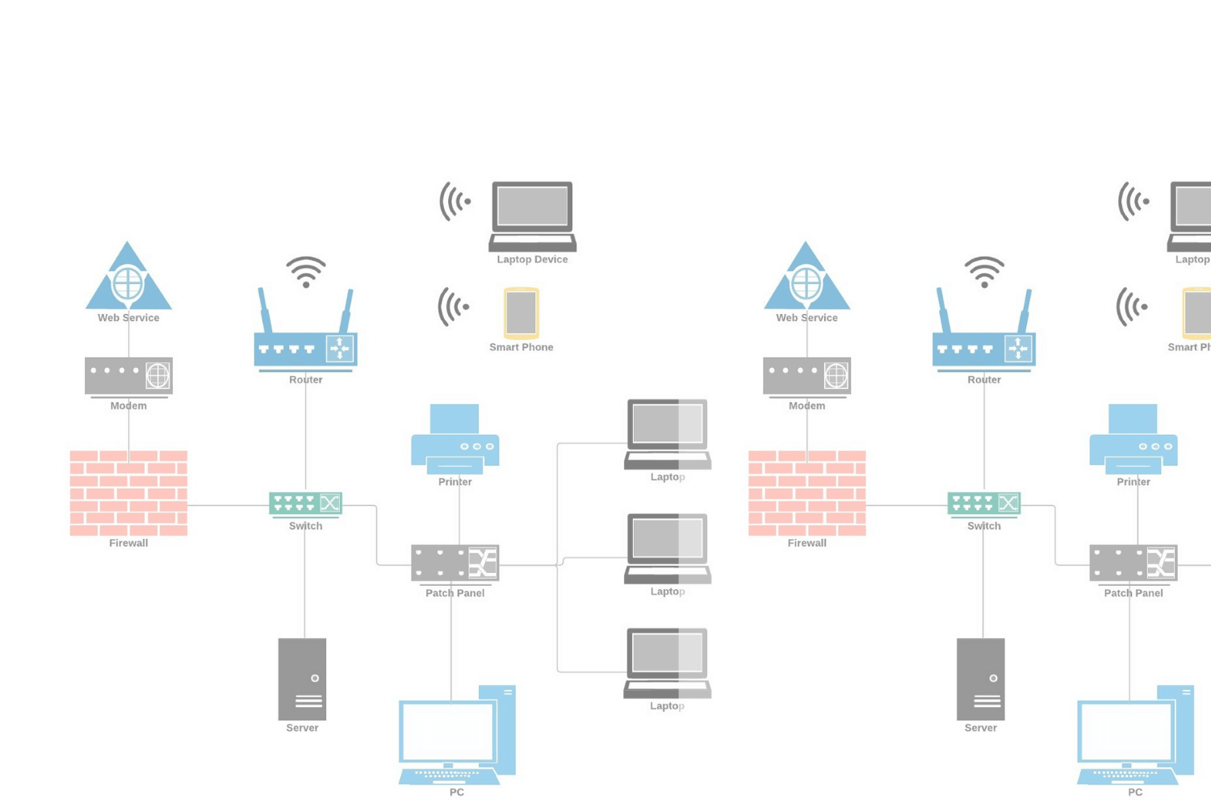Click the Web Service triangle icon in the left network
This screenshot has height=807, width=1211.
[x=128, y=279]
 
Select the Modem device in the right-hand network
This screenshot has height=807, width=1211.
[x=807, y=375]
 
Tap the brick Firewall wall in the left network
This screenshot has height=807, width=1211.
[x=128, y=493]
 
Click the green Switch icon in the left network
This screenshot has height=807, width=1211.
[x=305, y=504]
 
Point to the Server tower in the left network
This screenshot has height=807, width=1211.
[x=302, y=679]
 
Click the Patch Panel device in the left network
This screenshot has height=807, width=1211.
[x=455, y=562]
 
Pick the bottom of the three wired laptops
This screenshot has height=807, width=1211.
[x=668, y=663]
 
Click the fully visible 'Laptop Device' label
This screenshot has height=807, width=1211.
[x=532, y=259]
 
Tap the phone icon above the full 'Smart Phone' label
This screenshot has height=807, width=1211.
[x=521, y=312]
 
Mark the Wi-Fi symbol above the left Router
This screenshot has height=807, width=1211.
[x=306, y=271]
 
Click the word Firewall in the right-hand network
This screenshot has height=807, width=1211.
[x=807, y=543]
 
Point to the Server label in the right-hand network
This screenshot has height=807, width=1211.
[x=980, y=728]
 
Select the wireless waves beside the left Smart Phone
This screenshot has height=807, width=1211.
[x=454, y=307]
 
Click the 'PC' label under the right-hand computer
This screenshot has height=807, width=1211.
[x=1135, y=792]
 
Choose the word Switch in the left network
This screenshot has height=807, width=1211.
[x=305, y=526]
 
